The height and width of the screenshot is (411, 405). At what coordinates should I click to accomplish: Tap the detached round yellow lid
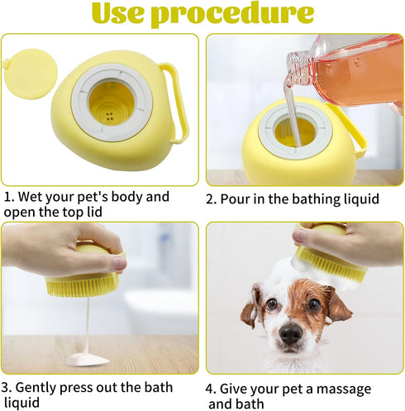(28, 68)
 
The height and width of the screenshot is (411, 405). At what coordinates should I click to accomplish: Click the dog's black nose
(290, 332)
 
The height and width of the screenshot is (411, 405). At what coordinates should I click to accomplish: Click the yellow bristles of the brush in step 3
(79, 285)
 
